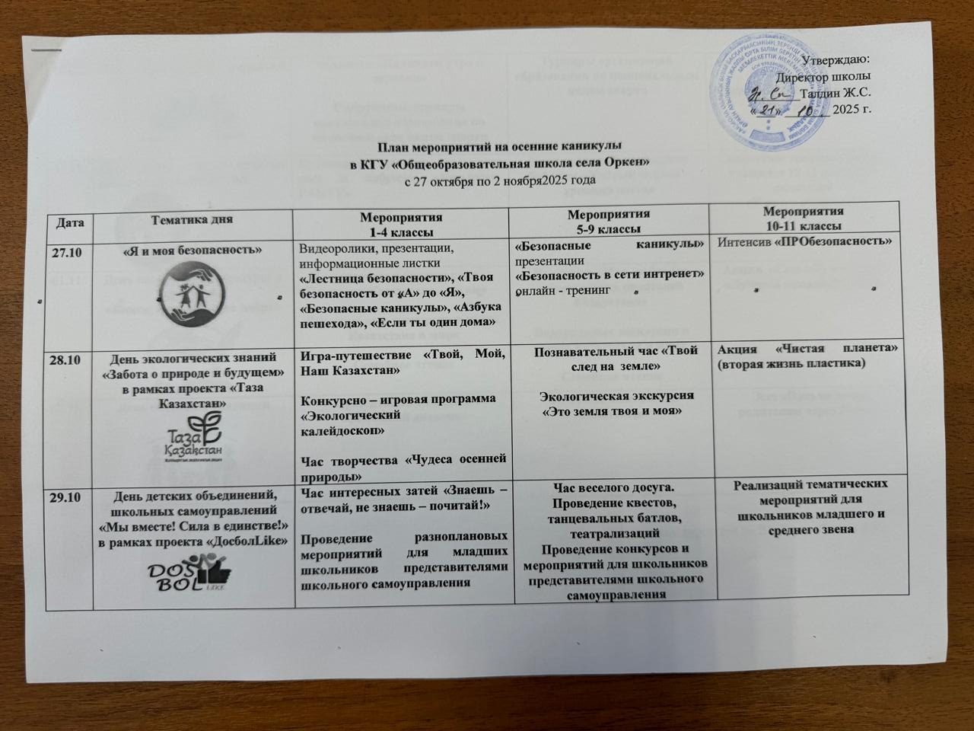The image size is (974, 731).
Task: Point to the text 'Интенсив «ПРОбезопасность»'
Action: pos(805,242)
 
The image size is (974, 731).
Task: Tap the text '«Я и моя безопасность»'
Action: pos(192,250)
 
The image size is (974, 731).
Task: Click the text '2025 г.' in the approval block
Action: pos(852,109)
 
